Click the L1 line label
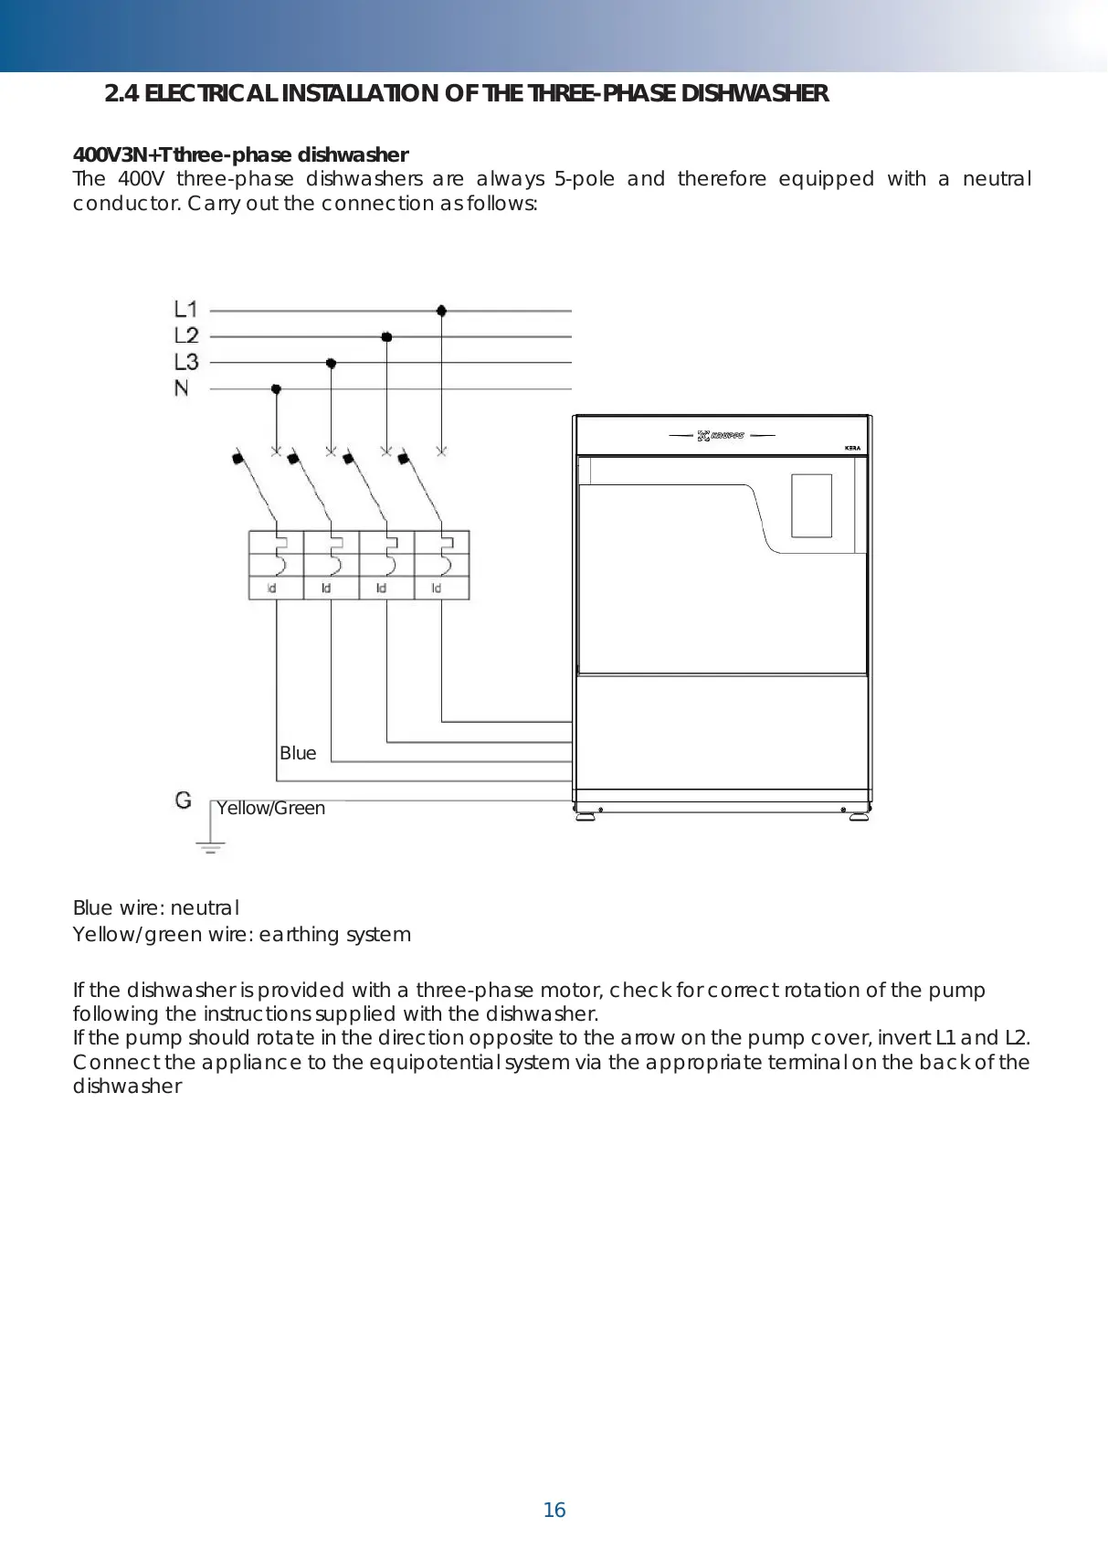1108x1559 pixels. pyautogui.click(x=185, y=309)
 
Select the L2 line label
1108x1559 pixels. pyautogui.click(x=185, y=335)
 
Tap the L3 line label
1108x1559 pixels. pyautogui.click(x=185, y=362)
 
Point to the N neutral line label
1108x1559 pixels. pyautogui.click(x=182, y=388)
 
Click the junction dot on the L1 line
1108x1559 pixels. pyautogui.click(x=441, y=311)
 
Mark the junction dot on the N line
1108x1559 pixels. pyautogui.click(x=276, y=389)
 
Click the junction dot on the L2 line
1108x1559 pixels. pyautogui.click(x=386, y=337)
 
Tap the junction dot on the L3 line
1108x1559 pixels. pyautogui.click(x=331, y=364)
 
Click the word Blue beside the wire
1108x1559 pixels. pyautogui.click(x=298, y=753)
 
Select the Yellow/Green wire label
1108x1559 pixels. pyautogui.click(x=270, y=808)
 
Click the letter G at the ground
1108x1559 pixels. pyautogui.click(x=184, y=801)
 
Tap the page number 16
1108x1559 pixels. pyautogui.click(x=554, y=1511)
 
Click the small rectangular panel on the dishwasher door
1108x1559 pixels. pyautogui.click(x=811, y=505)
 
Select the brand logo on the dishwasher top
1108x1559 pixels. pyautogui.click(x=721, y=436)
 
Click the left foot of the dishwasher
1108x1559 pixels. pyautogui.click(x=586, y=816)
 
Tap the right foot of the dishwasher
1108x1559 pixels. pyautogui.click(x=859, y=816)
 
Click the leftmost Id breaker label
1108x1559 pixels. pyautogui.click(x=271, y=589)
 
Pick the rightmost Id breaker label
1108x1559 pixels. pyautogui.click(x=437, y=589)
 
